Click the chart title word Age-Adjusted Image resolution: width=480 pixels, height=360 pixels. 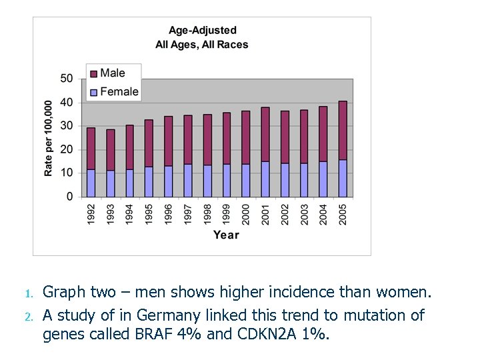pos(202,30)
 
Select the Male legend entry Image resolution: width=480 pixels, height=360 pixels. pos(112,73)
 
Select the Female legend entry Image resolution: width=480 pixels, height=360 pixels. pos(119,91)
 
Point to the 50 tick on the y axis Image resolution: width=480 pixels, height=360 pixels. pos(67,79)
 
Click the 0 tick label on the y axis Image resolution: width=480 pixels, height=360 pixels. pos(70,197)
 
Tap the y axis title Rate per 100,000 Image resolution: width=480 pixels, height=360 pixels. pos(49,139)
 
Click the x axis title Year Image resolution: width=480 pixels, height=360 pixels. pos(226,235)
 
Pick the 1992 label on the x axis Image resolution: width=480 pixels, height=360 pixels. pos(91,213)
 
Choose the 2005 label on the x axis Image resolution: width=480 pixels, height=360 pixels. pos(343,213)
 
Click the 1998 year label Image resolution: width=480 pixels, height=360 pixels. pos(207,213)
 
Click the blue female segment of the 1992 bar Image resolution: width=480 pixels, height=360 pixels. pos(91,183)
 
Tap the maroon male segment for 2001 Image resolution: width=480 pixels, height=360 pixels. pos(265,134)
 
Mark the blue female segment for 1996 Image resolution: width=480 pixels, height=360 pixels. pos(169,181)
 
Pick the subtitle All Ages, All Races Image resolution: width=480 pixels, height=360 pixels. pos(202,45)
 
